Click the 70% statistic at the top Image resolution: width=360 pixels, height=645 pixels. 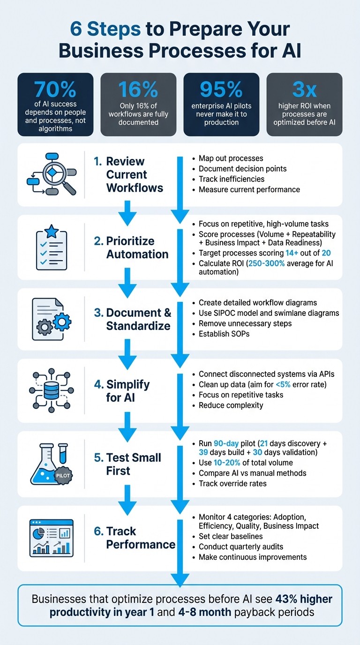55,89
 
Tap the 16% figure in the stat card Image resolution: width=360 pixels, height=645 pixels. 138,89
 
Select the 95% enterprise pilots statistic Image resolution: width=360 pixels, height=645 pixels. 221,89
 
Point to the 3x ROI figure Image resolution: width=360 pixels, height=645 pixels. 304,89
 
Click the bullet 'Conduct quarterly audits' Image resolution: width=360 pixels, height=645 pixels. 241,547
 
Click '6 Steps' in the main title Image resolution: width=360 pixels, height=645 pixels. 105,30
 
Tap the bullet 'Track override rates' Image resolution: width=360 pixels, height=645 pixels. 232,483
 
